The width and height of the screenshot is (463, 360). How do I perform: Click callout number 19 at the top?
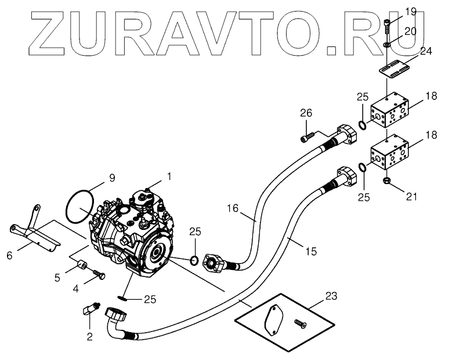410,11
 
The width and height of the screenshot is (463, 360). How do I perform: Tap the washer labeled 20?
387,44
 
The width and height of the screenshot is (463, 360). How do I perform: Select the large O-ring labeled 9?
80,206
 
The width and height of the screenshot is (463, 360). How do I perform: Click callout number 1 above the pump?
169,175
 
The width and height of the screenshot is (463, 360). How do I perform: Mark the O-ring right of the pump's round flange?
196,258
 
